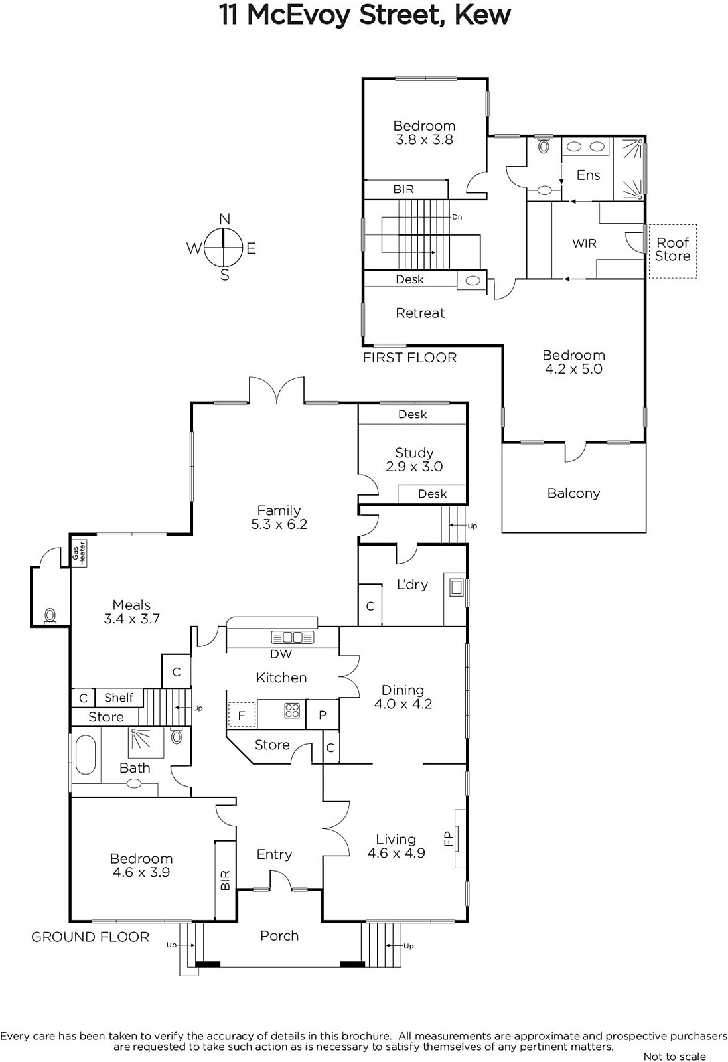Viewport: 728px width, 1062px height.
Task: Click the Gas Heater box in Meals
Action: point(79,553)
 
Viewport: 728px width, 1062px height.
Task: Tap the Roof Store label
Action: point(672,250)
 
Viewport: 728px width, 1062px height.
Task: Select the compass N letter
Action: point(225,218)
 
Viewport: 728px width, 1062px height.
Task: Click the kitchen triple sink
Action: point(293,637)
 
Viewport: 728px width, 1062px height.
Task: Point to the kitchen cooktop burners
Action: point(292,710)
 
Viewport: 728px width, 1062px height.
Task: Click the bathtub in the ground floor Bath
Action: point(86,755)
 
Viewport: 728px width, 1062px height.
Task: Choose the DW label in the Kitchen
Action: point(281,654)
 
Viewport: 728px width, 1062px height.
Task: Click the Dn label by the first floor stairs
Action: point(457,217)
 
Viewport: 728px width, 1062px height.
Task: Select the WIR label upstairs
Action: point(584,243)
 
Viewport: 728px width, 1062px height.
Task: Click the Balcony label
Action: point(573,494)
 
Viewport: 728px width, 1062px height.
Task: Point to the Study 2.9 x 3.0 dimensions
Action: point(414,467)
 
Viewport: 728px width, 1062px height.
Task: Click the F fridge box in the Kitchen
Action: point(242,714)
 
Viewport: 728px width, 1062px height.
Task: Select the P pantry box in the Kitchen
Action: point(323,714)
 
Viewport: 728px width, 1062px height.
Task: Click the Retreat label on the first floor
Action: point(420,313)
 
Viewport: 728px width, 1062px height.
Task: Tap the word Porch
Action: point(279,935)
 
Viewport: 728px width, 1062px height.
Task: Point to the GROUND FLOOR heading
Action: point(90,937)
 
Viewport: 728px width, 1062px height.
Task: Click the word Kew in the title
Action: point(482,15)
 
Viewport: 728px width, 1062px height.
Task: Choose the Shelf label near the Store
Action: point(119,698)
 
